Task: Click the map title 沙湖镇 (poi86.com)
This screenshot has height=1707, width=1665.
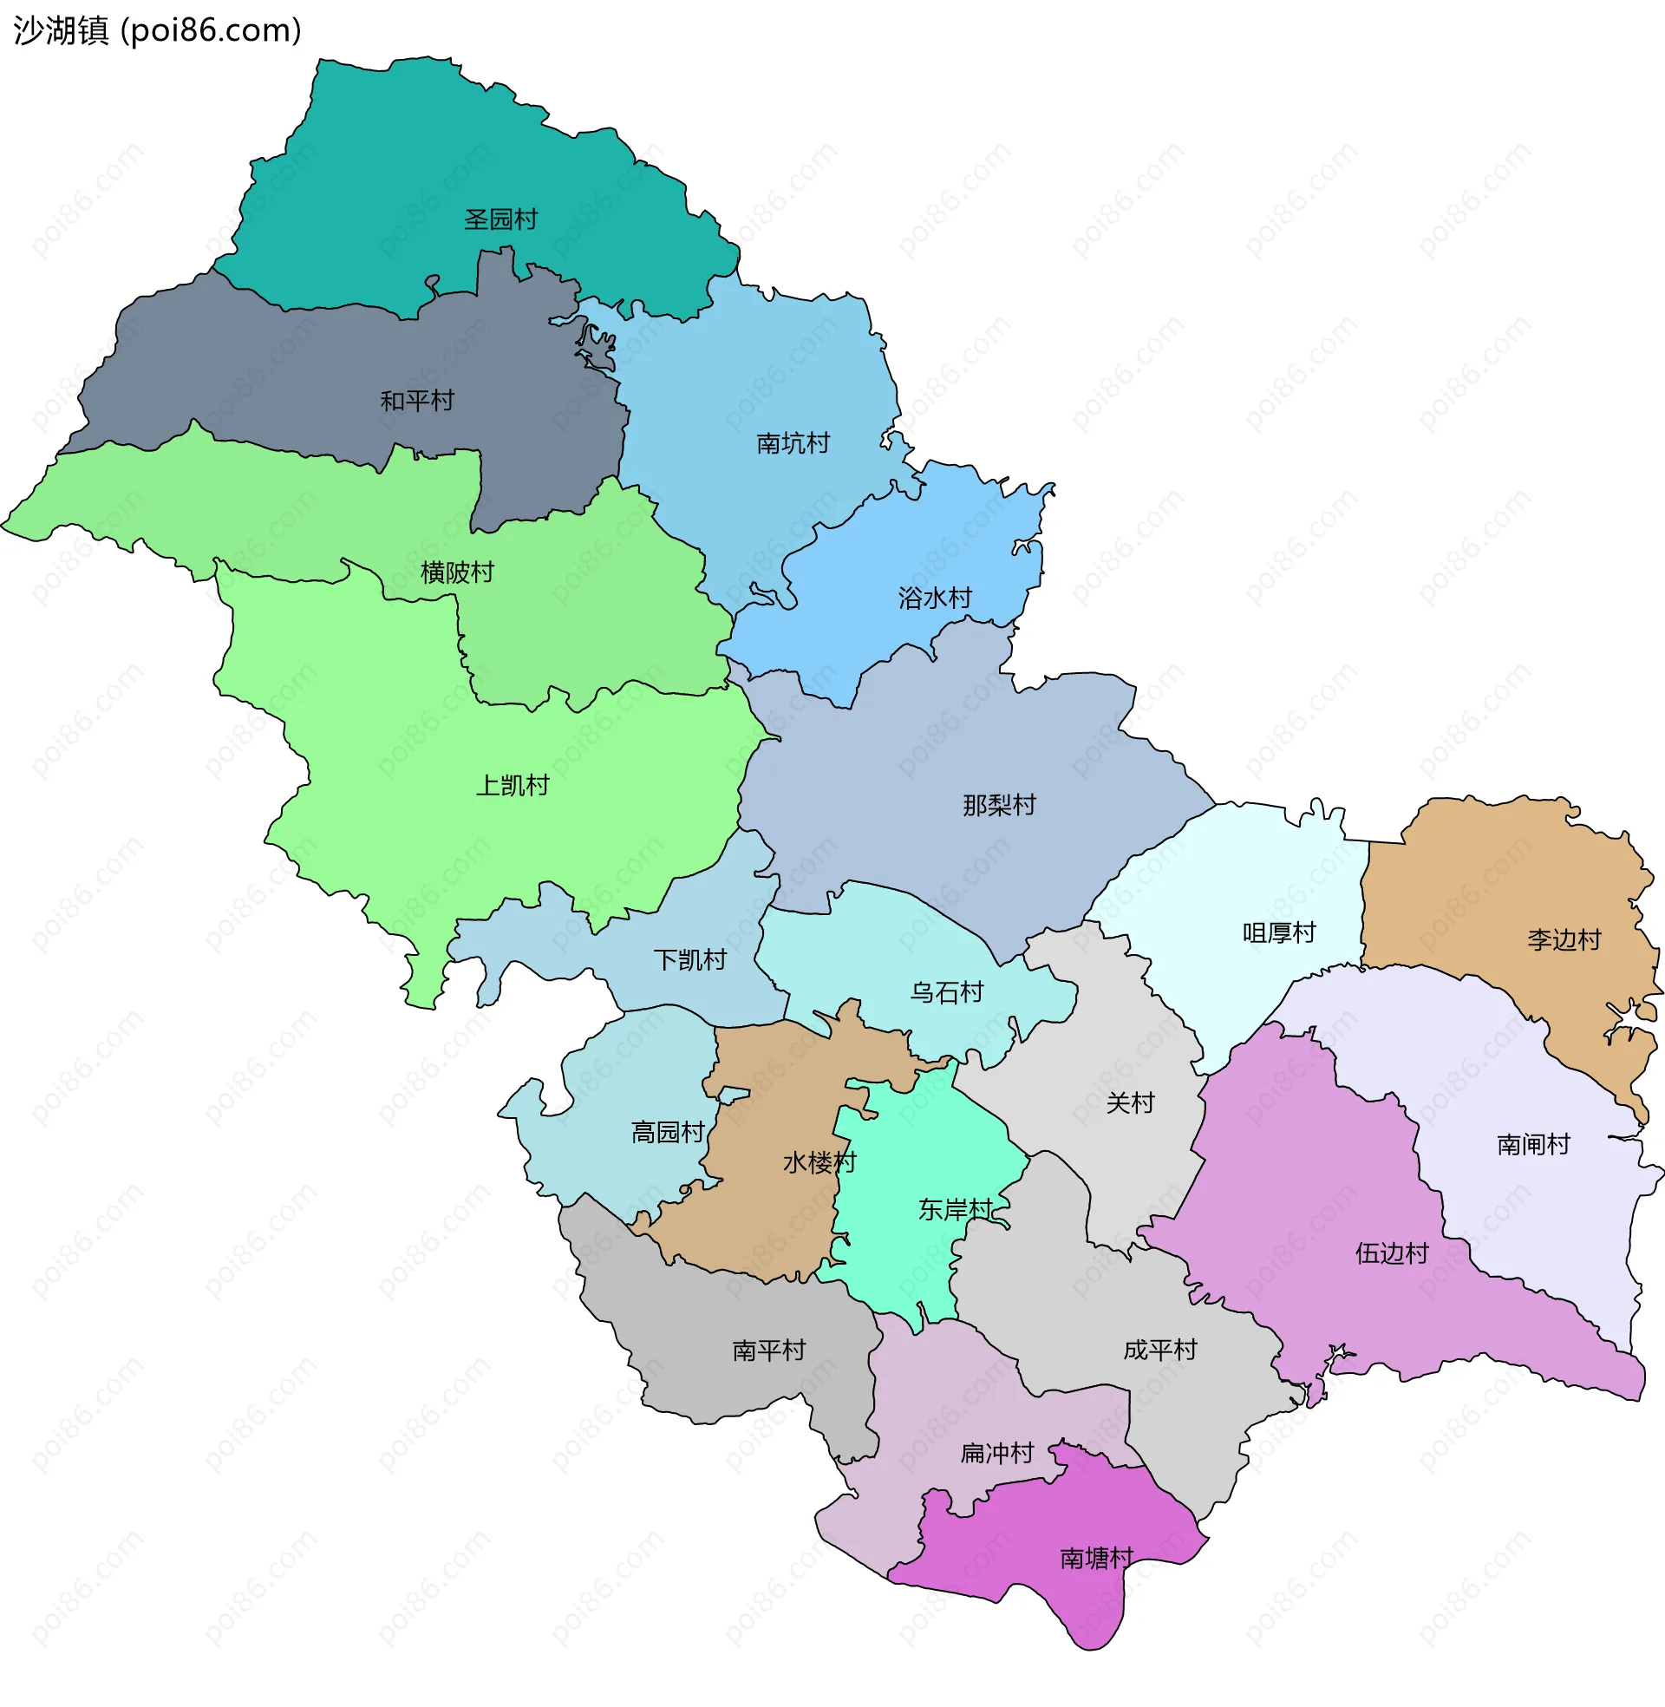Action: click(158, 30)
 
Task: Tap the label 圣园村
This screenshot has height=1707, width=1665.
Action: click(500, 219)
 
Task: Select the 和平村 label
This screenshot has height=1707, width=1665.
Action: click(417, 401)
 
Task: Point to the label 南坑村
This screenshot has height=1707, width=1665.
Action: click(793, 443)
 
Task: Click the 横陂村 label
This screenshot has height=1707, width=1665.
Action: click(456, 572)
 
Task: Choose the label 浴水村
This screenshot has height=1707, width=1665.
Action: click(935, 598)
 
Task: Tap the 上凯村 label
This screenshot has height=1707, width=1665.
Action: click(512, 785)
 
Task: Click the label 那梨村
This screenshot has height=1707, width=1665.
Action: click(999, 805)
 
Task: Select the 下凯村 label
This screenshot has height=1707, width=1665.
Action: click(690, 960)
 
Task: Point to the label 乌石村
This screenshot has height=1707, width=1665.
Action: click(946, 992)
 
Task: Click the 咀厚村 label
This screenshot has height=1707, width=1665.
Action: click(1278, 933)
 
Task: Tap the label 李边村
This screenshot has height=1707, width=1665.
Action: click(1564, 940)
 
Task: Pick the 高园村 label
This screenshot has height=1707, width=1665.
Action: click(667, 1133)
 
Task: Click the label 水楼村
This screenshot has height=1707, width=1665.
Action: click(819, 1163)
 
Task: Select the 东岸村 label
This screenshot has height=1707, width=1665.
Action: click(954, 1210)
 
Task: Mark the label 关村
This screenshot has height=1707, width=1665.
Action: click(1130, 1102)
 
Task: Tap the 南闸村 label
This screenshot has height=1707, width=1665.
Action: click(1533, 1145)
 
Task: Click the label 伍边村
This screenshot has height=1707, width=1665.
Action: click(1391, 1254)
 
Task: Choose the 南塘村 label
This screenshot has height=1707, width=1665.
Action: click(1096, 1559)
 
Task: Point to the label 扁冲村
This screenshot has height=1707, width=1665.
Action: click(997, 1454)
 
